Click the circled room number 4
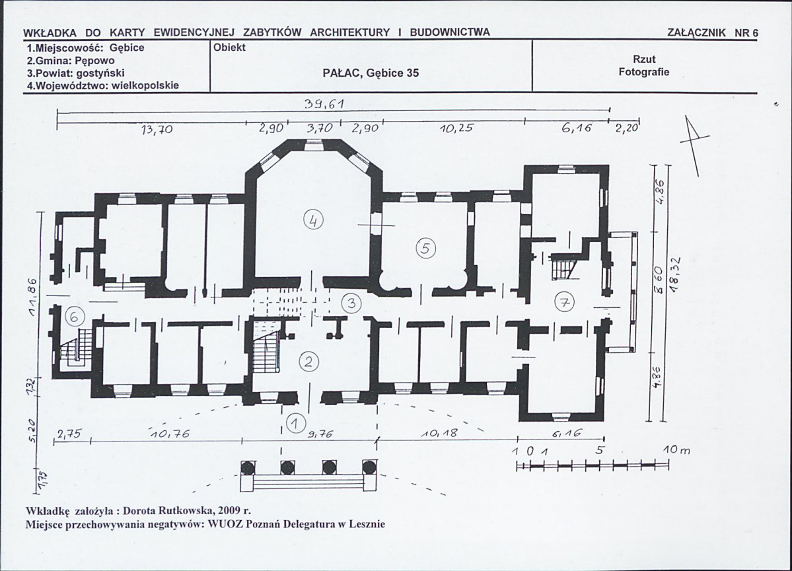(x=313, y=221)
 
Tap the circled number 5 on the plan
(x=425, y=248)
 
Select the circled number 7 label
(x=564, y=303)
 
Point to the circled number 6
(x=74, y=317)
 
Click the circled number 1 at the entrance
(x=296, y=422)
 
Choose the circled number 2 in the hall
(x=309, y=362)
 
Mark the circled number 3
(x=351, y=303)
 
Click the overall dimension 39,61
(x=324, y=104)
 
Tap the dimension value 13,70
(x=157, y=130)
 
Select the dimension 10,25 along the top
(x=456, y=128)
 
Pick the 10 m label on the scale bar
(x=676, y=450)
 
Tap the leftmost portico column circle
(x=247, y=467)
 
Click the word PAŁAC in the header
(x=341, y=73)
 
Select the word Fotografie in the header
(x=644, y=72)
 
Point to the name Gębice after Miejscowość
(x=127, y=48)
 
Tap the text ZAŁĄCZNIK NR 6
(x=713, y=33)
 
